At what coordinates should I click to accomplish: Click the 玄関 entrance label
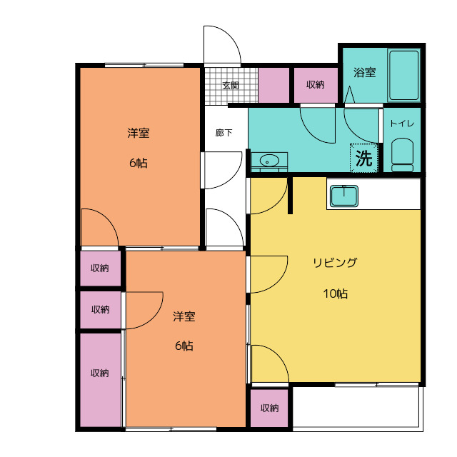pos(231,86)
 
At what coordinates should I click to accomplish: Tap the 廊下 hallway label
pos(224,133)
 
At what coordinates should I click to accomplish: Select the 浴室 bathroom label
pos(365,72)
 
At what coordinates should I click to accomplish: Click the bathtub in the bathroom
pos(404,76)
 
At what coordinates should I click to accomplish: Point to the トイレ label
pos(402,124)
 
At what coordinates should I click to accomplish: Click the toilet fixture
pos(403,155)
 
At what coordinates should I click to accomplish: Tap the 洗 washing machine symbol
pos(364,158)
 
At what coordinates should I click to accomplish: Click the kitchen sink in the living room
pos(344,196)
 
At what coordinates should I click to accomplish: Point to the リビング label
pos(335,263)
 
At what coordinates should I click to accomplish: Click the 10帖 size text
pos(335,293)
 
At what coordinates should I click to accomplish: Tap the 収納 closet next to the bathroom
pos(316,85)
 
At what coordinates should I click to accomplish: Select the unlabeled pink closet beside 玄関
pos(273,85)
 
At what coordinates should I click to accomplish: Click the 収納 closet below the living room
pos(270,408)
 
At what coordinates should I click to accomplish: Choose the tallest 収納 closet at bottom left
pos(100,380)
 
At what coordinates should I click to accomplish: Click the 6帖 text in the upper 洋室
pos(138,163)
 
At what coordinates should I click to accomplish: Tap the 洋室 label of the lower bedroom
pos(184,316)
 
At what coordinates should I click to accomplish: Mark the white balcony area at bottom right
pos(358,408)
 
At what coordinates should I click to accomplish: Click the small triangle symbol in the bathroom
pos(349,94)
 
